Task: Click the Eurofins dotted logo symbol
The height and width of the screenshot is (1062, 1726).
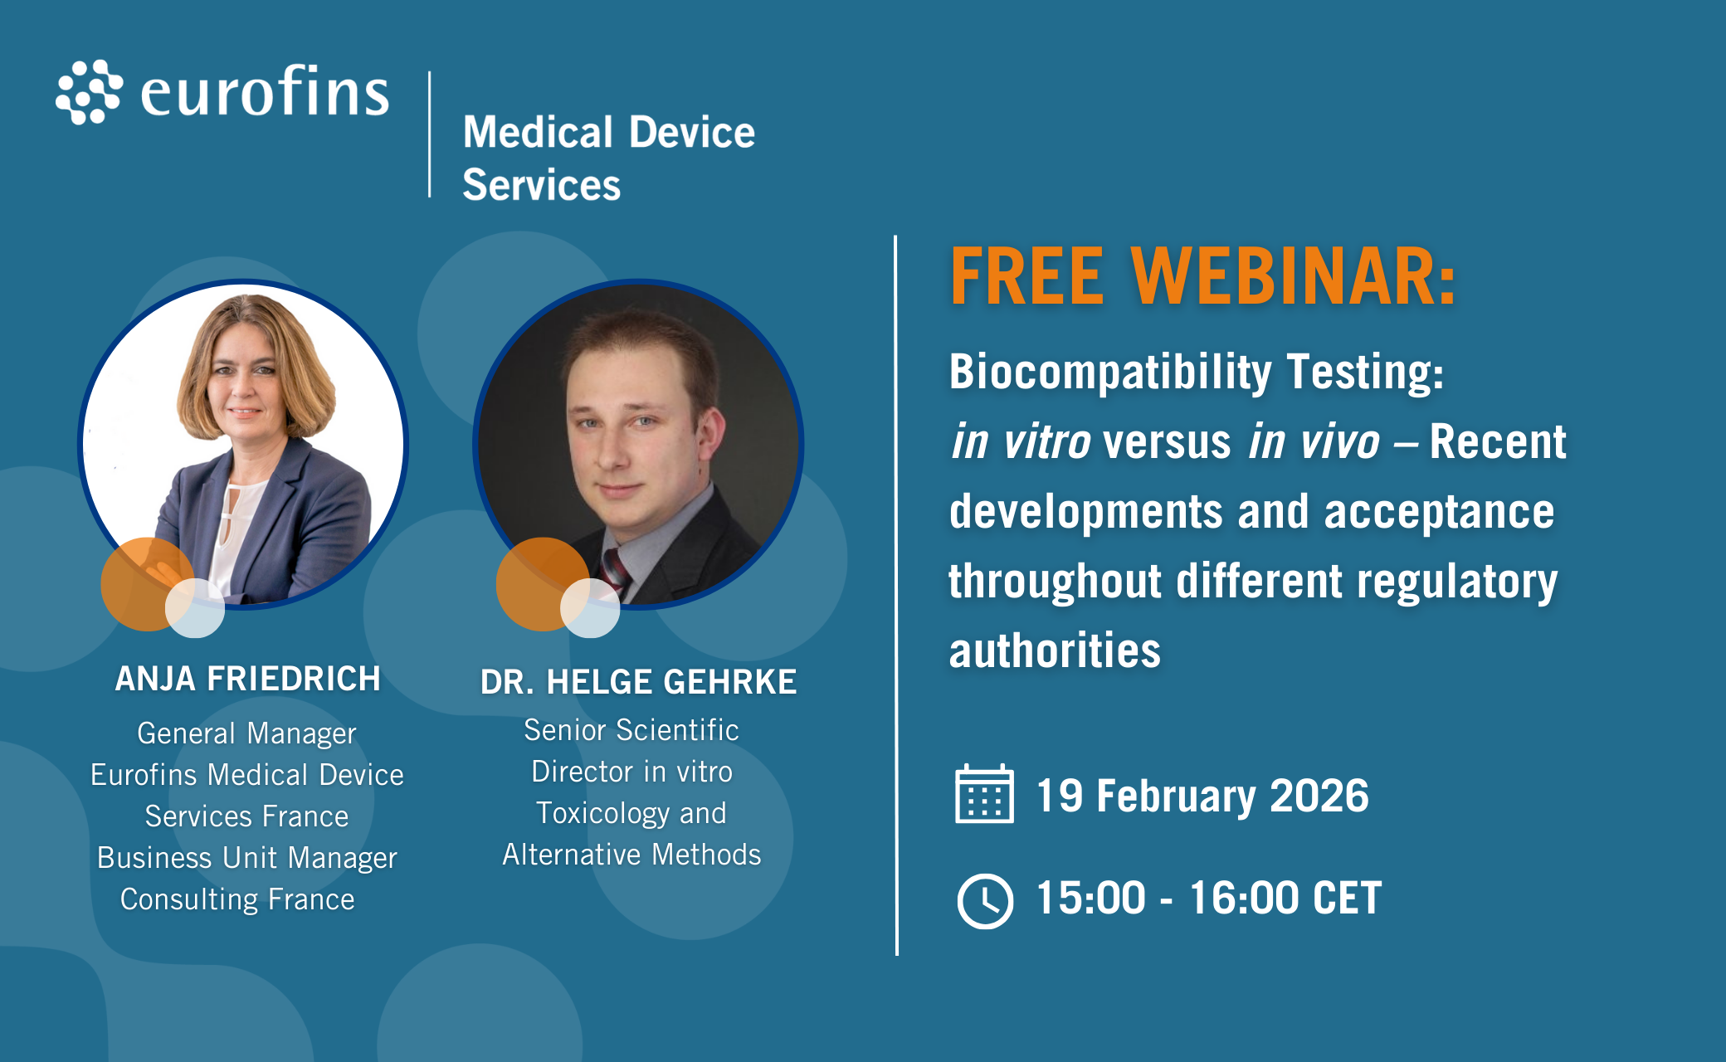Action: tap(90, 92)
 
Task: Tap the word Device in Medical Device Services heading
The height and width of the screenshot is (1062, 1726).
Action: tap(692, 132)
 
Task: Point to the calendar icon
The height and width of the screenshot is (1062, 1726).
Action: tap(984, 793)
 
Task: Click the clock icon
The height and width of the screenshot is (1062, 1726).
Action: tap(985, 900)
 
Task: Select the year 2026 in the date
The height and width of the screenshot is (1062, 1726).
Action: tap(1319, 796)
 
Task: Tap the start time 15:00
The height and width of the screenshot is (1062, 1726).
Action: tap(1090, 899)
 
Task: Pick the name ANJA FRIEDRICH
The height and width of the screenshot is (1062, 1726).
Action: tap(247, 679)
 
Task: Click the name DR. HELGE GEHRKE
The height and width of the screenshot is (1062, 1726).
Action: tap(638, 682)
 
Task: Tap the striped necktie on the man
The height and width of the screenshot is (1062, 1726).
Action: tap(615, 572)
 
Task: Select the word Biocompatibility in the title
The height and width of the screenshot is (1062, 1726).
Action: tap(1110, 372)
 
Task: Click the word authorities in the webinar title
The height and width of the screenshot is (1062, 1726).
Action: tap(1055, 650)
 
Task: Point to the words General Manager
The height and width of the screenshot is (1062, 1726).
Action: tap(246, 733)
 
